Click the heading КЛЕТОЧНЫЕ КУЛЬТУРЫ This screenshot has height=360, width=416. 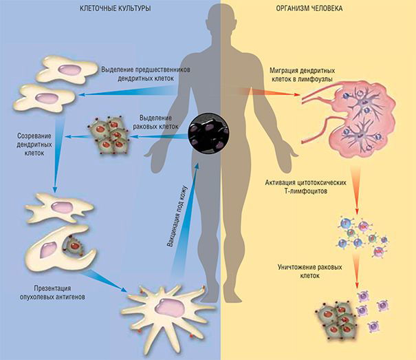tap(116, 8)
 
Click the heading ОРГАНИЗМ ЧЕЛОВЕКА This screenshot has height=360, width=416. tap(309, 8)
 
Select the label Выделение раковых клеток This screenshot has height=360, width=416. tap(155, 123)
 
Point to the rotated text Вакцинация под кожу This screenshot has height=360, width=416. tap(177, 216)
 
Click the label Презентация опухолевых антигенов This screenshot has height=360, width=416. tap(52, 293)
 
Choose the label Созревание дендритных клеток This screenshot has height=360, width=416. tap(34, 145)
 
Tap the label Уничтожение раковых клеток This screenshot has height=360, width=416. tap(310, 271)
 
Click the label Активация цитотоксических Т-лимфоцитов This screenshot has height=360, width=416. tap(305, 187)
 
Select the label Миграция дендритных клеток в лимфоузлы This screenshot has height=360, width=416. tap(302, 75)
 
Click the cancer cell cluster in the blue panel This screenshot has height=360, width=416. tap(109, 135)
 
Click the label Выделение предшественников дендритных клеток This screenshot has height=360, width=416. tap(146, 74)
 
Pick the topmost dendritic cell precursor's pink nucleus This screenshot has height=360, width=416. tap(69, 70)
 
